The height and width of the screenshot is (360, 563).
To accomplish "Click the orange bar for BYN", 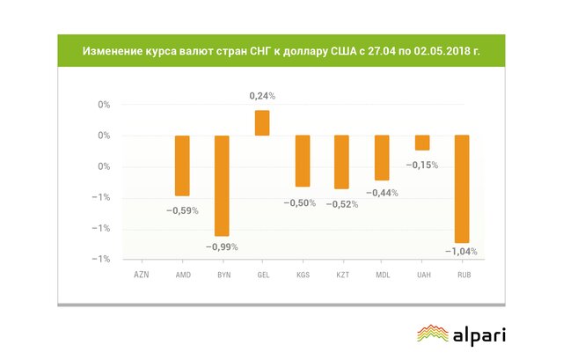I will pyautogui.click(x=222, y=186).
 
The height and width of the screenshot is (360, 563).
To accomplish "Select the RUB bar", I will pyautogui.click(x=462, y=188).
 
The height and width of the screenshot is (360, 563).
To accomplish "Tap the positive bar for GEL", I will pyautogui.click(x=262, y=123).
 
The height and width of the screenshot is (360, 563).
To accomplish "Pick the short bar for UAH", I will pyautogui.click(x=422, y=143).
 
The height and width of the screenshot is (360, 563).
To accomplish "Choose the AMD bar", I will pyautogui.click(x=182, y=165).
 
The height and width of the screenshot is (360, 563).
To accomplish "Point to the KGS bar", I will pyautogui.click(x=302, y=161).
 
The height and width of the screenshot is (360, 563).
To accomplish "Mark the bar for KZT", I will pyautogui.click(x=341, y=162).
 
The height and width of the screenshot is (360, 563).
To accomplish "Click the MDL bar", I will pyautogui.click(x=382, y=158).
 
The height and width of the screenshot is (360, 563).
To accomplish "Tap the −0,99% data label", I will pyautogui.click(x=222, y=246).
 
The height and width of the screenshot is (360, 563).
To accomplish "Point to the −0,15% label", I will pyautogui.click(x=422, y=165).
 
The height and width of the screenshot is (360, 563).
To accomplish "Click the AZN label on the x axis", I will pyautogui.click(x=142, y=275).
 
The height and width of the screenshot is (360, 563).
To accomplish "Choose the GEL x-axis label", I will pyautogui.click(x=262, y=275).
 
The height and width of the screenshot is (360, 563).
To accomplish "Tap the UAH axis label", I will pyautogui.click(x=422, y=275).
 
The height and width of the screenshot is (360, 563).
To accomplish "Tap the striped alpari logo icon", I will pyautogui.click(x=431, y=334).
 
